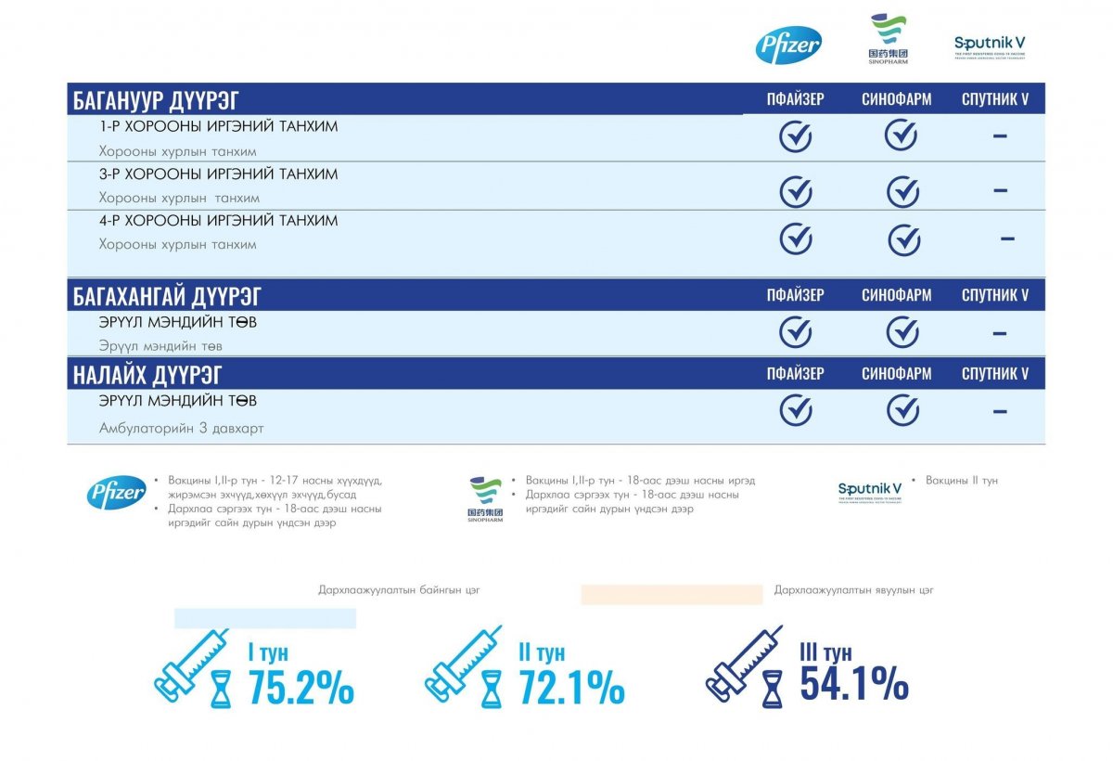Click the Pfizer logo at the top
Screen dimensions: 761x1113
click(x=788, y=45)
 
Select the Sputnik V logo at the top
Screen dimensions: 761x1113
click(x=990, y=45)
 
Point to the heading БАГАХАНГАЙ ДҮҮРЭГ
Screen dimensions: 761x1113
click(x=167, y=296)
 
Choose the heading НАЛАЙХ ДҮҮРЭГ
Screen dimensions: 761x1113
click(x=147, y=374)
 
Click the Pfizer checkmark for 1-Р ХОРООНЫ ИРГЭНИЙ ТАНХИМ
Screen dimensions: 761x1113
click(x=795, y=137)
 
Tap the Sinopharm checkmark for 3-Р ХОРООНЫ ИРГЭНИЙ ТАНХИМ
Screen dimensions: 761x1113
click(x=902, y=192)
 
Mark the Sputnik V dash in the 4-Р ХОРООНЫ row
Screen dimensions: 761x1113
click(x=1007, y=239)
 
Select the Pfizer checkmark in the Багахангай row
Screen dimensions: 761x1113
click(x=795, y=332)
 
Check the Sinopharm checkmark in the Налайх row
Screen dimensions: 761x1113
click(x=902, y=409)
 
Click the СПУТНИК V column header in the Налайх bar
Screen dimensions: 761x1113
click(x=995, y=374)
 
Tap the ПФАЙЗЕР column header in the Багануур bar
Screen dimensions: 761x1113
click(x=795, y=100)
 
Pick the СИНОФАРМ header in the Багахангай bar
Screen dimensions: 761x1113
click(x=896, y=296)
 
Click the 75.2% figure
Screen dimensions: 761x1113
click(x=301, y=688)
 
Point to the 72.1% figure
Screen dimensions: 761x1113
click(x=571, y=688)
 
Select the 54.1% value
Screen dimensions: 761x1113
click(x=853, y=684)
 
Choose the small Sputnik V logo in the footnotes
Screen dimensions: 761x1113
click(x=870, y=491)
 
